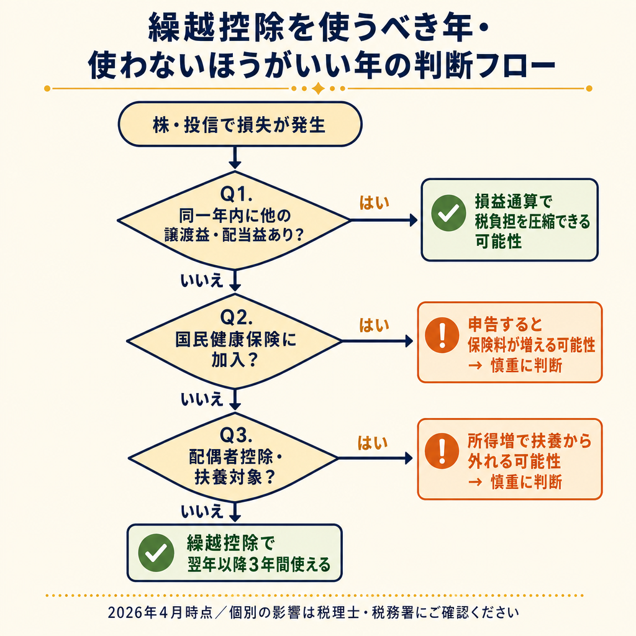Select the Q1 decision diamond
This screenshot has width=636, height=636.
pos(234,220)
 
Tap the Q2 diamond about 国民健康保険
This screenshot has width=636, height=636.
pos(234,342)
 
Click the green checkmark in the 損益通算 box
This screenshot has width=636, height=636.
pos(447,214)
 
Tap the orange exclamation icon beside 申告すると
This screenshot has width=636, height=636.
pos(442,336)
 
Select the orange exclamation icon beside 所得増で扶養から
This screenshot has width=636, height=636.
pos(442,452)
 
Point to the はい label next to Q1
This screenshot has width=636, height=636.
pos(375,202)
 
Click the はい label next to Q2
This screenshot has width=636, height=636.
pos(375,324)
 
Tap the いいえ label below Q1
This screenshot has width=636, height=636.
pos(201,281)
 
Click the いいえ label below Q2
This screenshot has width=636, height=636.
pos(201,399)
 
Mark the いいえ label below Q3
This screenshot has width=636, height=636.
pos(201,511)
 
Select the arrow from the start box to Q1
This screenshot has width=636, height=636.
pos(235,157)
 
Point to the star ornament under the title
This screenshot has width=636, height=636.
pos(318,88)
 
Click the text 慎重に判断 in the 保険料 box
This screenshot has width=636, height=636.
pos(526,365)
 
